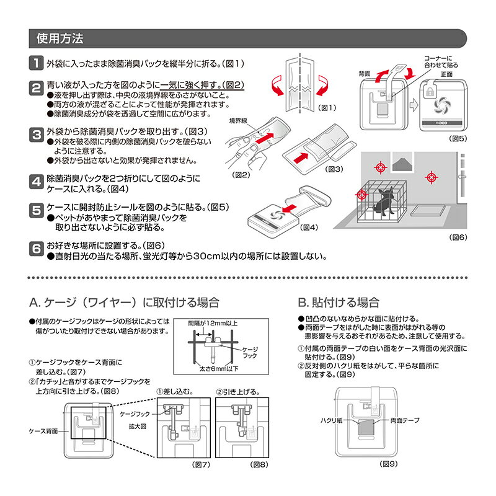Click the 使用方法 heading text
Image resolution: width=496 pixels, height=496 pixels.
pos(60,38)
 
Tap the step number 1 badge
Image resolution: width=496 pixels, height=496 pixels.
pos(37,63)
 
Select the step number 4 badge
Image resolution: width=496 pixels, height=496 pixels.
pos(37,182)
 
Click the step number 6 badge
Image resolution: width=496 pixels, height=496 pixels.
pos(37,249)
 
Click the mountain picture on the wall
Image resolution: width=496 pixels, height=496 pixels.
pos(402,162)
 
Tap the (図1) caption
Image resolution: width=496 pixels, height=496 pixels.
pos(327,108)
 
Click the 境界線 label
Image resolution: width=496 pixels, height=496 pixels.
pos(238,121)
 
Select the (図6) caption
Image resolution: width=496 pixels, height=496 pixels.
pos(458,237)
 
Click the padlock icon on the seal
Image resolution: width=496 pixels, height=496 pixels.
pos(430,92)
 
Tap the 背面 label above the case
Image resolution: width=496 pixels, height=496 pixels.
pos(365,74)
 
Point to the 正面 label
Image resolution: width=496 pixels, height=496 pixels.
pos(446,74)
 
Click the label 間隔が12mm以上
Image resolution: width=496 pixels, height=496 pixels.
pos(213,323)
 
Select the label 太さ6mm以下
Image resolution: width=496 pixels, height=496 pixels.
pos(218,368)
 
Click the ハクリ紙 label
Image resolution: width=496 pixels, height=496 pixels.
pos(331,420)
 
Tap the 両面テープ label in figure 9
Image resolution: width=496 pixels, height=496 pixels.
pos(405,420)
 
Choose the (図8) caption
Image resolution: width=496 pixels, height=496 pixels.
pos(259,464)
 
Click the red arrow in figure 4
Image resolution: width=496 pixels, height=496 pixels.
pos(290,209)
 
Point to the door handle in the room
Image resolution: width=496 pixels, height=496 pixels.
pos(463,177)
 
